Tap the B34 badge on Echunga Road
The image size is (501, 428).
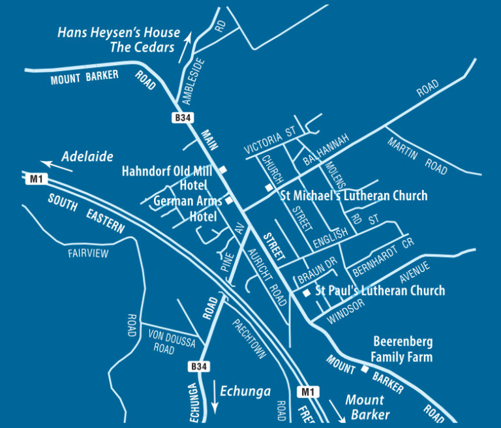(200, 367)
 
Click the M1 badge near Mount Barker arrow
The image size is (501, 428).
(308, 392)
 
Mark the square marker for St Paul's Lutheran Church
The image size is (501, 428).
(307, 294)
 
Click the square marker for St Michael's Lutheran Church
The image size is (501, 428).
(269, 188)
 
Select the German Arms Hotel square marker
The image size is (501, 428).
(230, 200)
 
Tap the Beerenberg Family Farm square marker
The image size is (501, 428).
(365, 369)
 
